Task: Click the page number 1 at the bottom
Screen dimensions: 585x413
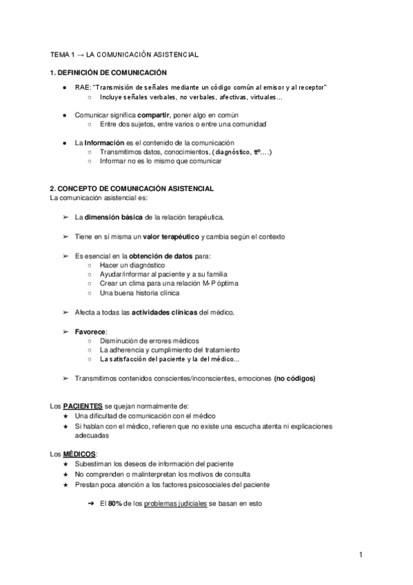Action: click(360, 554)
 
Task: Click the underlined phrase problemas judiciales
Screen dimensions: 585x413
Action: click(175, 504)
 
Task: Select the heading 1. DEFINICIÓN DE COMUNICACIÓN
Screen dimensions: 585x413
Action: click(108, 72)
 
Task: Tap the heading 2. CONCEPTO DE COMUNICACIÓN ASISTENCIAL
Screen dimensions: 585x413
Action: click(132, 188)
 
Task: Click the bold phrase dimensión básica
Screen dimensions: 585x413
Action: click(113, 217)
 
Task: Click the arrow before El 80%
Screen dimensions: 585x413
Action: click(90, 504)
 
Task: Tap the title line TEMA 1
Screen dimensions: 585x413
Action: click(125, 53)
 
